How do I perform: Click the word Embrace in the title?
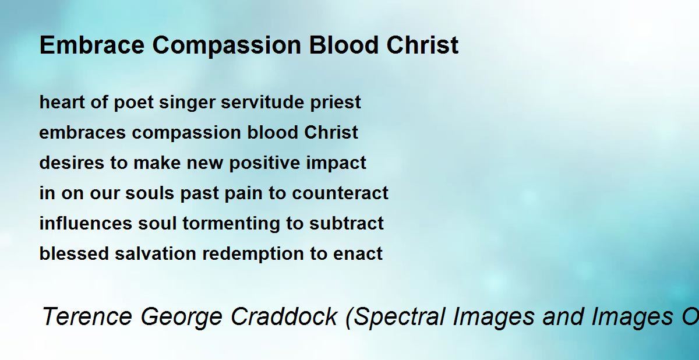[92, 45]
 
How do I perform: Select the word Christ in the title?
[422, 45]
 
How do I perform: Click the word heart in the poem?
[62, 102]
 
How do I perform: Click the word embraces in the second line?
[82, 132]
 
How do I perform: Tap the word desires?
[72, 163]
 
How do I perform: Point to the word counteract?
[340, 193]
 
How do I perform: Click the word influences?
[86, 223]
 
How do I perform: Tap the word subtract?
[347, 223]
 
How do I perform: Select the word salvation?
[156, 253]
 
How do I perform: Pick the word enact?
[358, 253]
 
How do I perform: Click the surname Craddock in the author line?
[284, 316]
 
